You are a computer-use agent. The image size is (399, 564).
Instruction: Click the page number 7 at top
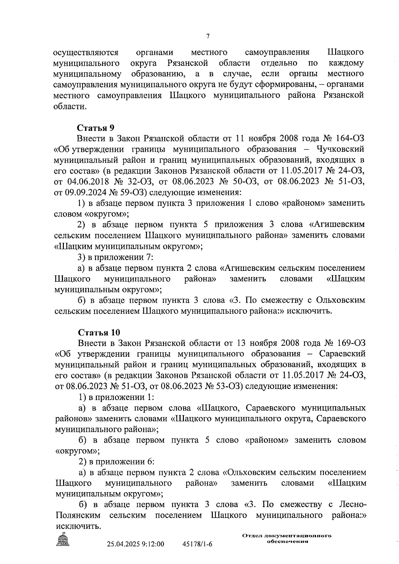click(207, 36)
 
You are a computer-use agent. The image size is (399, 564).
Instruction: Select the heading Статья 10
click(99, 332)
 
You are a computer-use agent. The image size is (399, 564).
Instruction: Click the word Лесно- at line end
click(353, 505)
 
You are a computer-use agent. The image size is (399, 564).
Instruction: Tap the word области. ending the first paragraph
click(70, 106)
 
